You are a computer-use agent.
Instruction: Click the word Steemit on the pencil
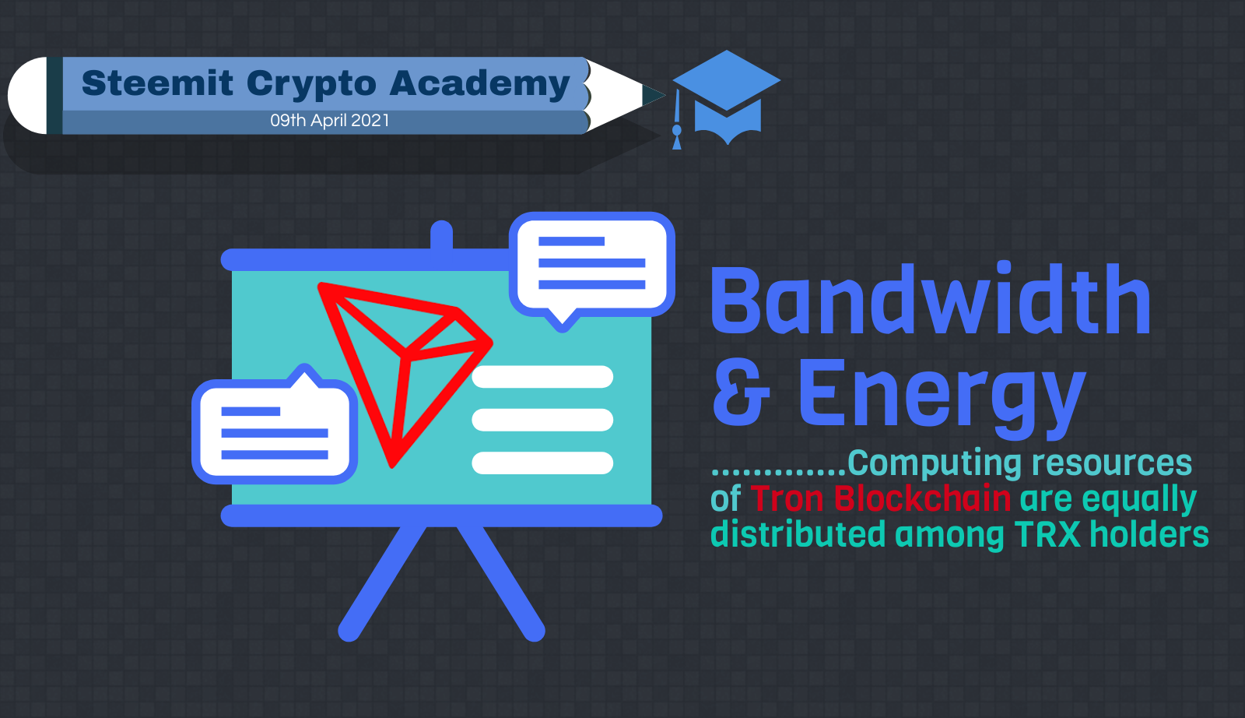click(157, 83)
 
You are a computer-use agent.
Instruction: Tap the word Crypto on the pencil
click(311, 85)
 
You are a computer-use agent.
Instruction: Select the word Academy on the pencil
click(479, 85)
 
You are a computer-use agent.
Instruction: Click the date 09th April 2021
click(330, 120)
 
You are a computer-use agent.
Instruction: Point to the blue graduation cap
click(727, 97)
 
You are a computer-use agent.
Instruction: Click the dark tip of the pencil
click(654, 95)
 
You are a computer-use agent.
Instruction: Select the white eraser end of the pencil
click(27, 95)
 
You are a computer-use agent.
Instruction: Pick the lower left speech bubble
click(275, 425)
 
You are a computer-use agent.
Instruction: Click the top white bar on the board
click(542, 376)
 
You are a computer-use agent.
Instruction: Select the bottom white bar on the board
click(542, 463)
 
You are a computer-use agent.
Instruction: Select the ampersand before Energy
click(741, 392)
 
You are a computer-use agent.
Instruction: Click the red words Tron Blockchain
click(881, 498)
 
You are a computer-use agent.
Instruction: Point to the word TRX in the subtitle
click(1047, 534)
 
